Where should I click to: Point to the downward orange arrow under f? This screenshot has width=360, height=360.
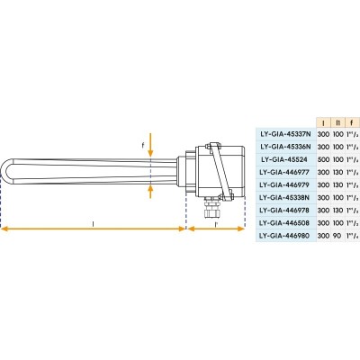pos(150,144)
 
